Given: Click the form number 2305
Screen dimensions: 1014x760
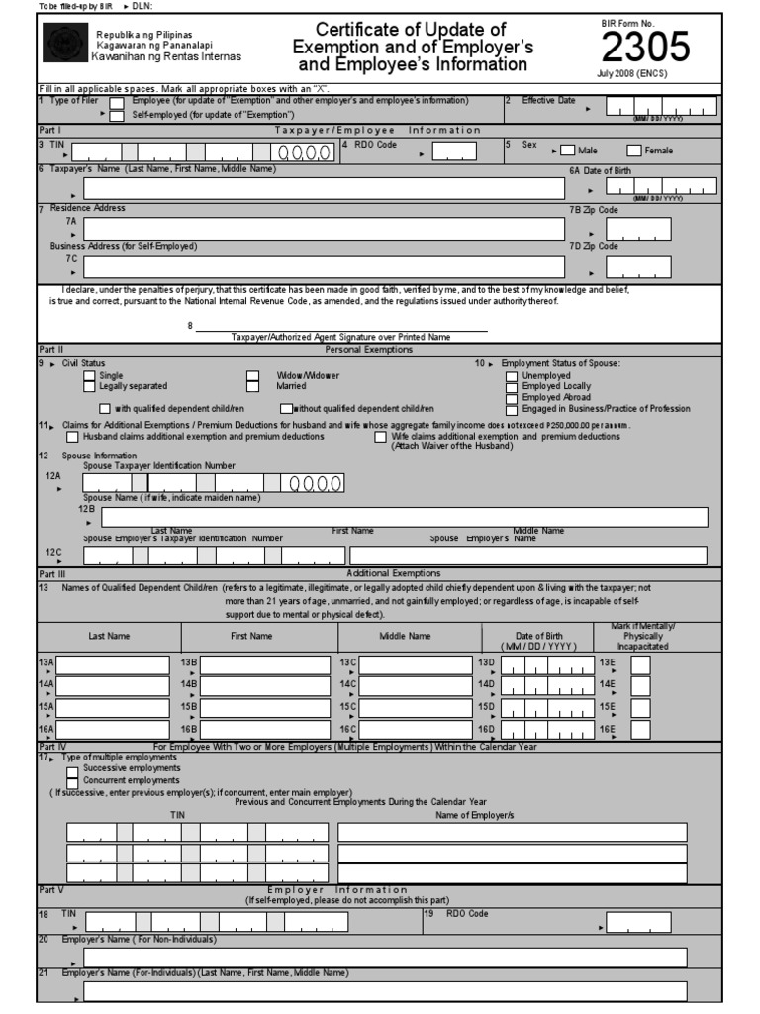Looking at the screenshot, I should click(x=644, y=48).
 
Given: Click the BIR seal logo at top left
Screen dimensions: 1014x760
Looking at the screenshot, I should click(x=64, y=46).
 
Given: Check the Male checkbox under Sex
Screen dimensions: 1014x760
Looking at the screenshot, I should click(x=567, y=151).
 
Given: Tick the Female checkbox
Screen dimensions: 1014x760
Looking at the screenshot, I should click(x=634, y=151).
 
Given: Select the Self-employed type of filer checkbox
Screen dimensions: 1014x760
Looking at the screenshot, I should click(x=117, y=115).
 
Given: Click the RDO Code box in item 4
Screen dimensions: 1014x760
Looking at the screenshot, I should click(x=454, y=151).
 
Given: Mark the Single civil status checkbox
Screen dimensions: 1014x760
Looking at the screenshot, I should click(x=90, y=376).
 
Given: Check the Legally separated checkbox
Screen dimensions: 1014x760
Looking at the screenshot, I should click(x=90, y=386).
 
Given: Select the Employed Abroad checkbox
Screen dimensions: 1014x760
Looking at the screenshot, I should click(x=511, y=398).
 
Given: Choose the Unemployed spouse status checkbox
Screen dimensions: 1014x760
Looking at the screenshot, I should click(x=511, y=376).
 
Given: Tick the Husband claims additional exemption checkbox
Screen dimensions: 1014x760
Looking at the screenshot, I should click(x=73, y=437).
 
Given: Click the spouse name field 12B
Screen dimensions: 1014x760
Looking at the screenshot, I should click(x=404, y=517).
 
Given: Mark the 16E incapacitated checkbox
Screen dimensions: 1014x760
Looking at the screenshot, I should click(x=640, y=731).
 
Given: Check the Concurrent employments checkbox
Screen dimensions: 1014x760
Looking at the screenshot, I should click(x=72, y=779).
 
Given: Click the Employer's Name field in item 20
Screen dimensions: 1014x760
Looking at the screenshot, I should click(x=385, y=957).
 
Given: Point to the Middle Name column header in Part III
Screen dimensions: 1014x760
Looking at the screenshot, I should click(x=406, y=636).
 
